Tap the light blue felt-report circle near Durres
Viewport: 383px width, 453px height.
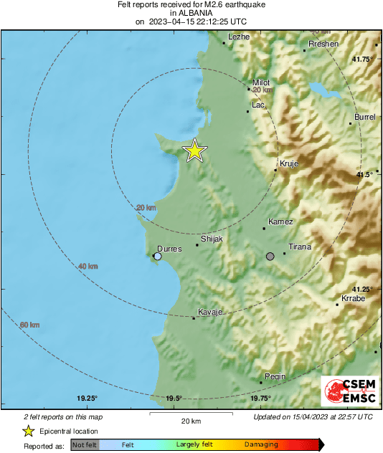[158, 256]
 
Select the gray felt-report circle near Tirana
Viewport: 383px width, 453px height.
[270, 257]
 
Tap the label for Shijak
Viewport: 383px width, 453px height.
[212, 238]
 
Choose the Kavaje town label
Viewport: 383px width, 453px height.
[210, 312]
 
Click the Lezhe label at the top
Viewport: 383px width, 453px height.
[238, 37]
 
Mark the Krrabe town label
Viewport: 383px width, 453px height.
[353, 297]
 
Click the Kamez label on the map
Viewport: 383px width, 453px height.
[280, 221]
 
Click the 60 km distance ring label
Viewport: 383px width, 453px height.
[29, 325]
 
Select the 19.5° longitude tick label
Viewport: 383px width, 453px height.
[174, 399]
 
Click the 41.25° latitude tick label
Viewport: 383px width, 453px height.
[363, 289]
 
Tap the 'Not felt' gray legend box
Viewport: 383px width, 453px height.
[85, 444]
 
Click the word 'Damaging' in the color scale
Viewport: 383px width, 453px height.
[261, 444]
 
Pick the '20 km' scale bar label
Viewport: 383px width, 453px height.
[190, 421]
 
